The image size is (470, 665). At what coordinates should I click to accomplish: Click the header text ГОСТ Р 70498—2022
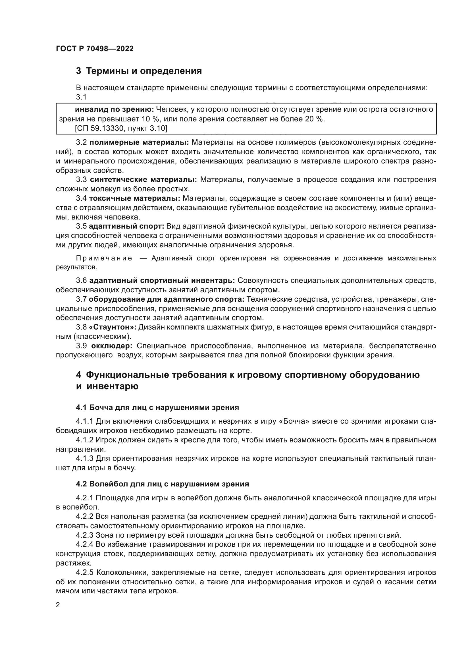(95, 49)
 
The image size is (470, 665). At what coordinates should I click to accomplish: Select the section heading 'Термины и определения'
(144, 71)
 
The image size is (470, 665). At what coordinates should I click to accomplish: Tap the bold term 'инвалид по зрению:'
(114, 109)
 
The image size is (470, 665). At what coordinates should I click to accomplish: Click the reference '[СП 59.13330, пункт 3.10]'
(121, 128)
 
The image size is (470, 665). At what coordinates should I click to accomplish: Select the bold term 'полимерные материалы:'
(139, 142)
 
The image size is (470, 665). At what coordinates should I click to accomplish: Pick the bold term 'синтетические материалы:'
(143, 180)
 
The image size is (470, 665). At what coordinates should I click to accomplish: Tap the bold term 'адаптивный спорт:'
(126, 226)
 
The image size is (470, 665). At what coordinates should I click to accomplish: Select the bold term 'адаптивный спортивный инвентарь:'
(162, 281)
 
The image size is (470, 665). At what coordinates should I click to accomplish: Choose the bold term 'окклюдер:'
(112, 346)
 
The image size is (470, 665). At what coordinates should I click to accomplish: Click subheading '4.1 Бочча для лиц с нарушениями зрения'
(157, 407)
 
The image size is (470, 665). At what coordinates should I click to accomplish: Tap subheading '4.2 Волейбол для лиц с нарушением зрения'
(162, 484)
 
